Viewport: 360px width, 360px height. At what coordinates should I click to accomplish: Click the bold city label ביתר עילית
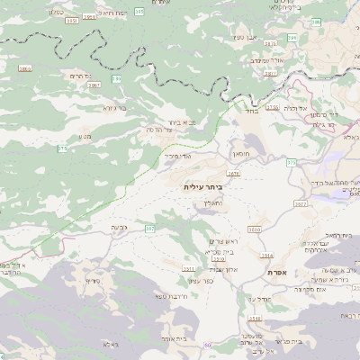202,186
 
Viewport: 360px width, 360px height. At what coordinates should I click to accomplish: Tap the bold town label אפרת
276,271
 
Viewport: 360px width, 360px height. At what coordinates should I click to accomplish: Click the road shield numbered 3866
23,68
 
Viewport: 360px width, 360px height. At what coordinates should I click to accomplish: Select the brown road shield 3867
94,85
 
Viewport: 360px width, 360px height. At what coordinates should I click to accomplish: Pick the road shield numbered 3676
234,173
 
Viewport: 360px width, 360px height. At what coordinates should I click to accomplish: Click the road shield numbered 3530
255,231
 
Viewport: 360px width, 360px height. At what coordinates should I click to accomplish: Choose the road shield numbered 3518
255,319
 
